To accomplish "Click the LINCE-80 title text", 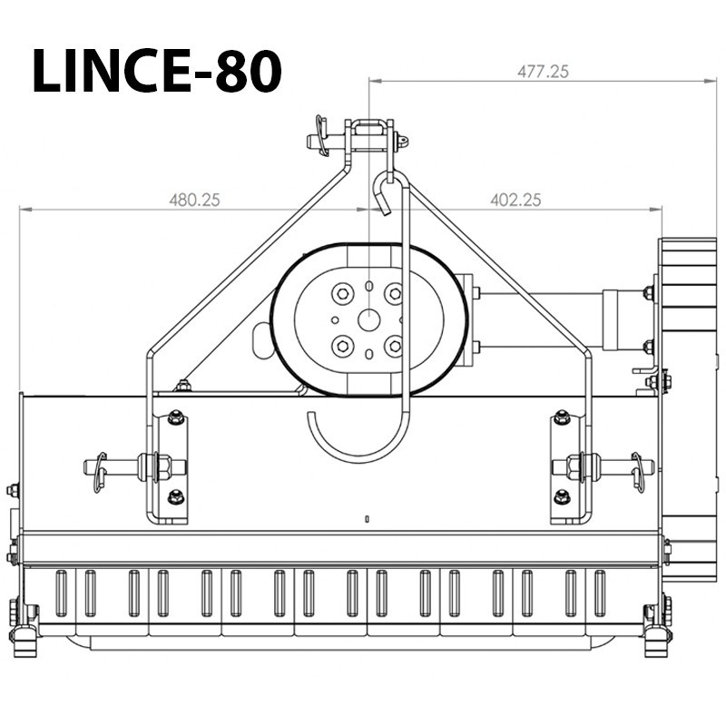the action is tap(157, 71).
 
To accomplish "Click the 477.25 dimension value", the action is tap(543, 72).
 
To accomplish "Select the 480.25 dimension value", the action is tap(194, 200).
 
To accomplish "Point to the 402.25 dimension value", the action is tap(515, 200).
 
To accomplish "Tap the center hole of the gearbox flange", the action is tap(369, 320).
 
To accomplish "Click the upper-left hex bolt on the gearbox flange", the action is tap(343, 293).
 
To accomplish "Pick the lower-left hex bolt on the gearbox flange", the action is tap(343, 346).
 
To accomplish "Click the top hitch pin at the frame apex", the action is tap(358, 139).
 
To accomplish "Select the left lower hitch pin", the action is tap(135, 467).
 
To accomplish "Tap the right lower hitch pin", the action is tap(603, 467).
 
